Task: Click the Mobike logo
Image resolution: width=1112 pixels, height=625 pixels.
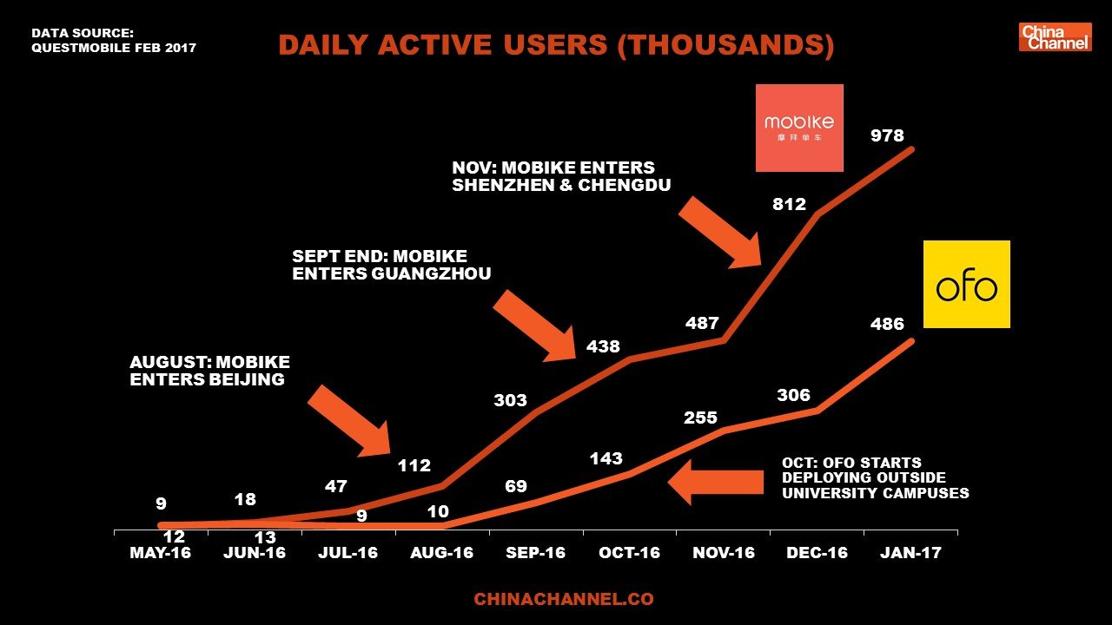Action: pyautogui.click(x=799, y=128)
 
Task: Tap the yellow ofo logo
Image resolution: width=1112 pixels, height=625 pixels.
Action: pyautogui.click(x=966, y=284)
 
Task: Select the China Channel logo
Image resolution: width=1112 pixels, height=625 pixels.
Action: pyautogui.click(x=1055, y=37)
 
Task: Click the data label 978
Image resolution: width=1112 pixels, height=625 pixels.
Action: pyautogui.click(x=887, y=135)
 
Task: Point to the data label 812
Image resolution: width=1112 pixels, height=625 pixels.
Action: pyautogui.click(x=789, y=205)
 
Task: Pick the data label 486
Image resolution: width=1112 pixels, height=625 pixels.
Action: pyautogui.click(x=887, y=324)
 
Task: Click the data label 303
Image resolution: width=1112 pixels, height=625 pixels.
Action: pyautogui.click(x=510, y=400)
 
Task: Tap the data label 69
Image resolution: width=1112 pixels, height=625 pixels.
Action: pyautogui.click(x=516, y=485)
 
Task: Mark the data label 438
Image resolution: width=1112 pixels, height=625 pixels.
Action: pyautogui.click(x=603, y=346)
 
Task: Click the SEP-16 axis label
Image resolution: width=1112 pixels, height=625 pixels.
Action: pyautogui.click(x=536, y=553)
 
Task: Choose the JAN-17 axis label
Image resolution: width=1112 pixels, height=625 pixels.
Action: pyautogui.click(x=910, y=553)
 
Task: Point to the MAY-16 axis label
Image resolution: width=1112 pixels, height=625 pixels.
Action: pyautogui.click(x=161, y=553)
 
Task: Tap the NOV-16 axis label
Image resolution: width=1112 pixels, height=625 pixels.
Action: pyautogui.click(x=723, y=553)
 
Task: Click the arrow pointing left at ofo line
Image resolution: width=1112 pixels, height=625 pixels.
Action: pyautogui.click(x=714, y=482)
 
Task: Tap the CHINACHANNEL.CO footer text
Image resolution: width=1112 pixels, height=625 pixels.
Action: pyautogui.click(x=563, y=599)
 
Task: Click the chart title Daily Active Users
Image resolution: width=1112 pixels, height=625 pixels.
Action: pyautogui.click(x=556, y=45)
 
